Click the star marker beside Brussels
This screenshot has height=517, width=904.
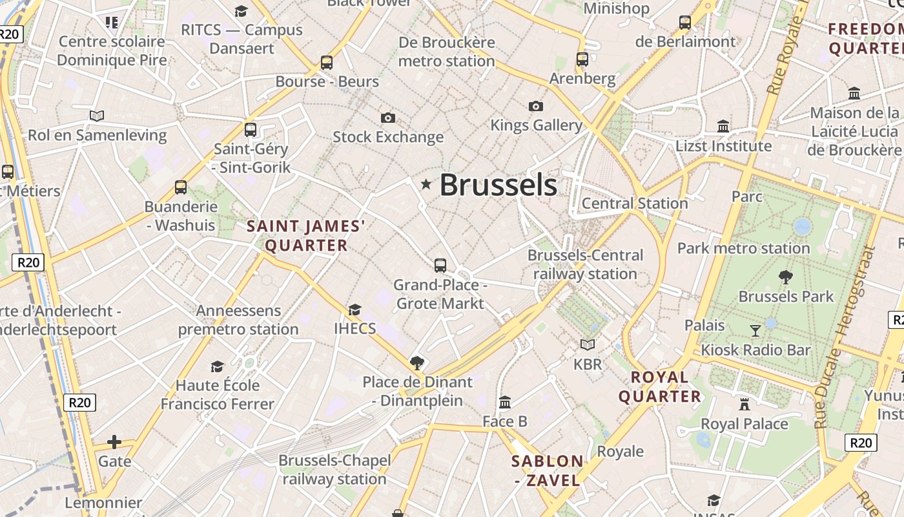pyautogui.click(x=426, y=184)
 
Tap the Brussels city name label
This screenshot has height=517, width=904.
pyautogui.click(x=498, y=185)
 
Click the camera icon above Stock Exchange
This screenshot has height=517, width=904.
pyautogui.click(x=388, y=118)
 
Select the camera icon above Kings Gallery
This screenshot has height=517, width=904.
pyautogui.click(x=535, y=106)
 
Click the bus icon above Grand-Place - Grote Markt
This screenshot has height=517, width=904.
pyautogui.click(x=440, y=265)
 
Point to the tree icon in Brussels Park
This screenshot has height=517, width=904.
pyautogui.click(x=786, y=277)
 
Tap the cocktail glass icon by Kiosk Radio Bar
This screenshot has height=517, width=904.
pyautogui.click(x=755, y=331)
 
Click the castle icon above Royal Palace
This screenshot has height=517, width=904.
pyautogui.click(x=745, y=405)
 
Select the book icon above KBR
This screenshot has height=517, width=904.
pyautogui.click(x=587, y=345)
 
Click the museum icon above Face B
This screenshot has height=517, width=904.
pyautogui.click(x=505, y=403)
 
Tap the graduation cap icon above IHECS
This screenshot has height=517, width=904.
pyautogui.click(x=354, y=310)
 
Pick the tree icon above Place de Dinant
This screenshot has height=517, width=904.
pyautogui.click(x=417, y=362)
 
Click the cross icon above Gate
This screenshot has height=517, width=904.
pyautogui.click(x=114, y=442)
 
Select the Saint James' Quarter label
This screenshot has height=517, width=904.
pyautogui.click(x=306, y=236)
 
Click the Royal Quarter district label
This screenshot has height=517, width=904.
pyautogui.click(x=660, y=386)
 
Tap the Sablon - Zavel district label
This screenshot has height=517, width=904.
pyautogui.click(x=548, y=470)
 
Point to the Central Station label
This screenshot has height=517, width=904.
pyautogui.click(x=635, y=204)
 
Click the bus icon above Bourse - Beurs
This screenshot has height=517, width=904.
pyautogui.click(x=327, y=63)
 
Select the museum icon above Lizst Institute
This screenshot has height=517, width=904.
pyautogui.click(x=723, y=126)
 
